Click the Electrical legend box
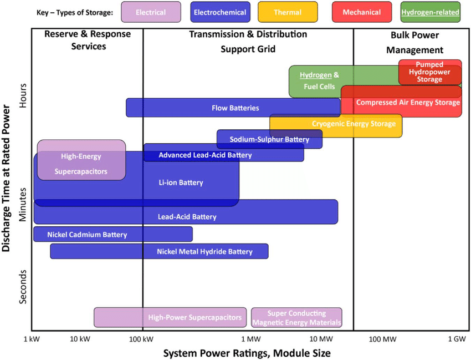pos(150,12)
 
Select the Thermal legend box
pos(288,12)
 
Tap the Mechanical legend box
pos(361,12)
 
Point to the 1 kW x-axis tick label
pos(33,338)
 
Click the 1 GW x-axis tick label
pos(457,338)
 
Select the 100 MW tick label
pos(381,338)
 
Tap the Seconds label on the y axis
pos(23,287)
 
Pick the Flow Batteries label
pos(235,108)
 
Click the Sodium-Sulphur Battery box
pos(269,139)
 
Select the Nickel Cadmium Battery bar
pos(113,234)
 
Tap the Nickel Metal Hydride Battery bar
pos(160,251)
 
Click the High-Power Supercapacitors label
pos(195,318)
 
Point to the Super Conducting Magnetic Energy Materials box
pos(296,318)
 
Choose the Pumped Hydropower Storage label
pos(429,72)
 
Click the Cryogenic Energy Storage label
pos(354,124)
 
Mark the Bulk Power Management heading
pos(414,43)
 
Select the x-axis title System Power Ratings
pos(247,353)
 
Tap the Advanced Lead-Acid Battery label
pos(205,155)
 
